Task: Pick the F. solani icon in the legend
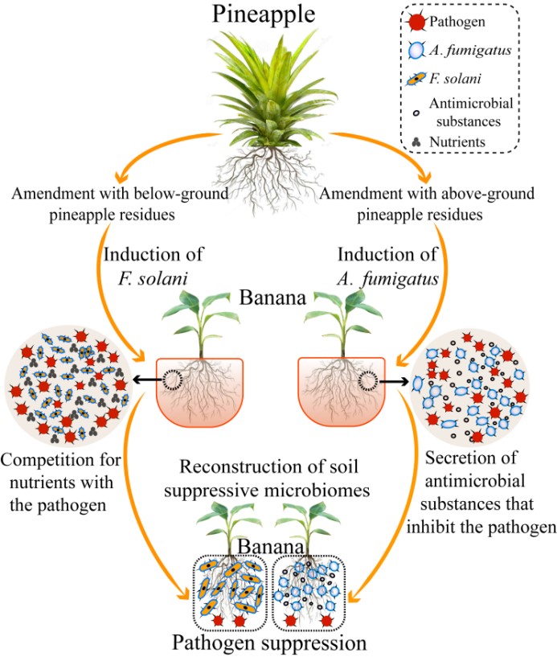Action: pyautogui.click(x=417, y=80)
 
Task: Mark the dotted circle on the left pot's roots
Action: pyautogui.click(x=173, y=377)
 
